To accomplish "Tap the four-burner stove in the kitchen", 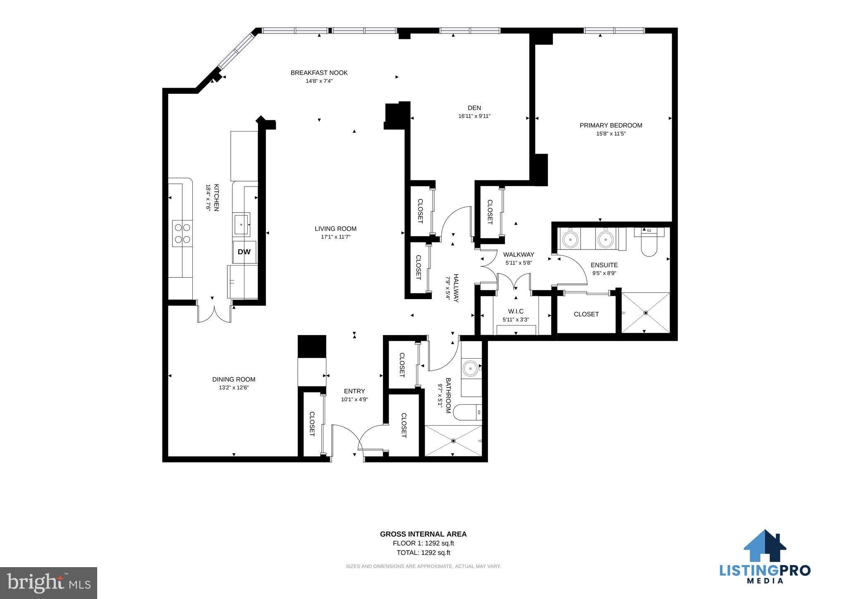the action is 182,233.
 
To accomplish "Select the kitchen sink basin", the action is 241,225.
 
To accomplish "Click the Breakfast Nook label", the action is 319,73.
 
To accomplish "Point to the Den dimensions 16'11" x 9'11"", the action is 474,116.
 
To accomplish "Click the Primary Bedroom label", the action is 611,125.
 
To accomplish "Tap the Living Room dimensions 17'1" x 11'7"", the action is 335,237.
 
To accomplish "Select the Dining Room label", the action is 234,379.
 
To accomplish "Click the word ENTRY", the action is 354,391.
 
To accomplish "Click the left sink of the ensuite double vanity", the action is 571,238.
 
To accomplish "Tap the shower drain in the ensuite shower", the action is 646,313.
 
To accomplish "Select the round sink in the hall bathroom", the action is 470,367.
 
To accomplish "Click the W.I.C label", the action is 516,311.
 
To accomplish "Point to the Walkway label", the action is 519,254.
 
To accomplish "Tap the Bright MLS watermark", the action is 49,583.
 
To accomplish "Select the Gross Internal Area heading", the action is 423,534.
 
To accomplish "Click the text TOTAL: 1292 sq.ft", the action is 423,553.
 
